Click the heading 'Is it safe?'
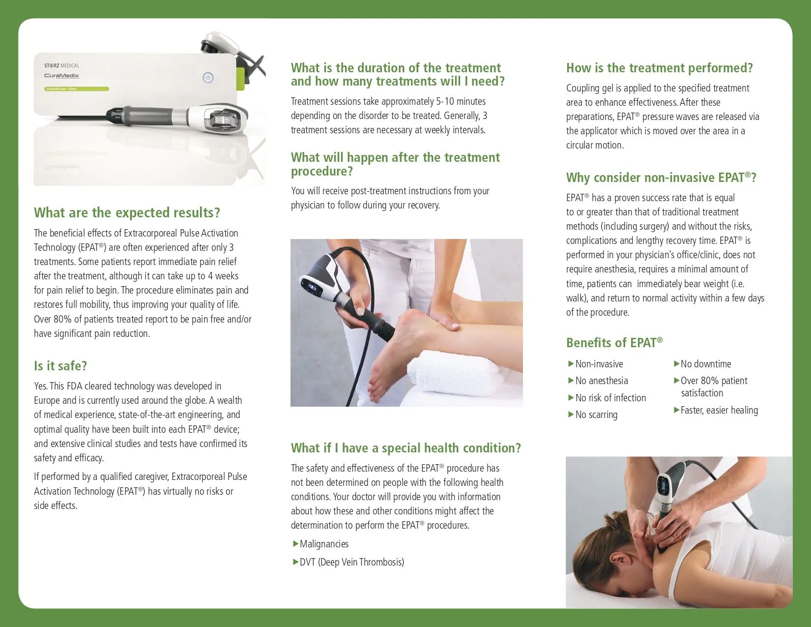click(x=60, y=366)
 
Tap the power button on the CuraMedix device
click(x=208, y=78)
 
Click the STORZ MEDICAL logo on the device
click(x=61, y=65)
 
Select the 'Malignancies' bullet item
click(x=324, y=544)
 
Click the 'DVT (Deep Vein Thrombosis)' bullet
click(x=351, y=562)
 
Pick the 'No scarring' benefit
click(x=596, y=415)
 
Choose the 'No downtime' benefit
click(x=705, y=364)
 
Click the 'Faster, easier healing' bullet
click(x=719, y=410)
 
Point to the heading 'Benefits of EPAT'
click(x=614, y=343)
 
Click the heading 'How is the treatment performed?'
click(x=659, y=68)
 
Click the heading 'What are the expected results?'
click(x=127, y=212)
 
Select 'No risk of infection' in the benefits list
click(x=610, y=398)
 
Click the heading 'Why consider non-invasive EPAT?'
click(x=661, y=178)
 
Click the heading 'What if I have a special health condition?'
click(x=405, y=448)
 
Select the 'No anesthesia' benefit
click(x=601, y=381)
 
